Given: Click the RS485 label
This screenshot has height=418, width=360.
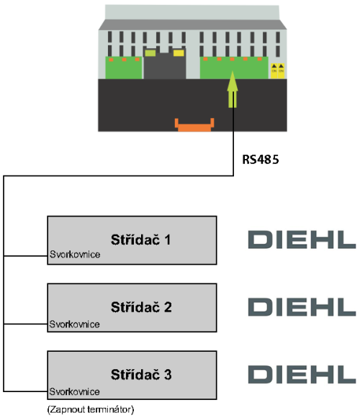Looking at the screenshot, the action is tap(261, 160).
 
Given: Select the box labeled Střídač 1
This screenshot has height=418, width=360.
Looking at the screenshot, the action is tap(132, 240).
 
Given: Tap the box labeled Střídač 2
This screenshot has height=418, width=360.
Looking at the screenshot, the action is tap(132, 308).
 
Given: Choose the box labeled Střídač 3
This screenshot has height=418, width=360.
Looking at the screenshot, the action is tap(132, 375).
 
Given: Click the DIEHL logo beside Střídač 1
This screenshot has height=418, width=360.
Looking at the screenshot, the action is tap(302, 240).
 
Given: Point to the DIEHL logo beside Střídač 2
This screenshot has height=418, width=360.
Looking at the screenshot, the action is tap(302, 307).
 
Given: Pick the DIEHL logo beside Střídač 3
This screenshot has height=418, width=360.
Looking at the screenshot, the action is tap(302, 375).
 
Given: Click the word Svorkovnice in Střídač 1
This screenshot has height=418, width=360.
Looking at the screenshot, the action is tap(75, 254).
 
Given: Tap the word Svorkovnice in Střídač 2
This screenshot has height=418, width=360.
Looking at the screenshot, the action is tap(74, 324).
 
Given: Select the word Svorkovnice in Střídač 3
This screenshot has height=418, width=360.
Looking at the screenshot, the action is tap(74, 391).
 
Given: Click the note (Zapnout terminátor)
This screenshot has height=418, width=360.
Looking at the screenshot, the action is tap(91, 409).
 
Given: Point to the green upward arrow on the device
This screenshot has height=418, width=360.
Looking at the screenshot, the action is tap(233, 89).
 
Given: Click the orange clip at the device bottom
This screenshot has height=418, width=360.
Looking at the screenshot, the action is tap(194, 125).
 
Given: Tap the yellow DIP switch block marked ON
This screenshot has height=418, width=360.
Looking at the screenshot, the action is tap(277, 71).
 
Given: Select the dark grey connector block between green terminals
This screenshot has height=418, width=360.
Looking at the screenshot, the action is tap(165, 65).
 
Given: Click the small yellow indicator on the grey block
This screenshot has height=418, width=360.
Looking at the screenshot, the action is tap(179, 53).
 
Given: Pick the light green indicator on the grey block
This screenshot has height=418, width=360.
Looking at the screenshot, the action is tap(150, 53).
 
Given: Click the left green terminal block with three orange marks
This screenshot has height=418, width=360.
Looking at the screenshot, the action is tap(124, 68).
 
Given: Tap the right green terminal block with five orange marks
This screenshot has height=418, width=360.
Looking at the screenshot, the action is tap(234, 68).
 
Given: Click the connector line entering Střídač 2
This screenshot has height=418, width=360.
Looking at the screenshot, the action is tap(26, 324).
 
